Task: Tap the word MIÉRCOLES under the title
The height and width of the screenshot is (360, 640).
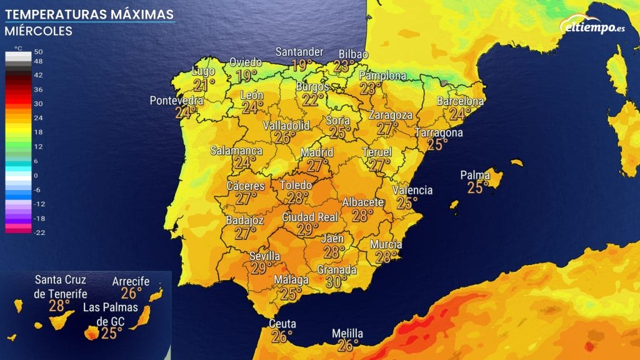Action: coord(38,31)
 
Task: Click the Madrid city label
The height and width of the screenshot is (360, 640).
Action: coord(317,152)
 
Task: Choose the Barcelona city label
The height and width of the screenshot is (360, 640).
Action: coord(460,101)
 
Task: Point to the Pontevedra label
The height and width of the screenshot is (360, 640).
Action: coord(177,101)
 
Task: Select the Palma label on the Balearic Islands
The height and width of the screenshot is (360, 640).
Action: coord(475,175)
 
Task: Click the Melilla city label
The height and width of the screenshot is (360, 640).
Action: coord(347,334)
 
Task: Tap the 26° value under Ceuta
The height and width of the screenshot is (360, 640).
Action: coord(282,337)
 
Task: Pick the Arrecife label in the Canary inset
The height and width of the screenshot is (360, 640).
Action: coord(131,281)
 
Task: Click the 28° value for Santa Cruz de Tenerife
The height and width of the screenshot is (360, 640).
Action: coord(60,306)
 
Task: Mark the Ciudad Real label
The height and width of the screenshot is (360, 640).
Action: coord(310,217)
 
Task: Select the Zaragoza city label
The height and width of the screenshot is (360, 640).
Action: coord(391,116)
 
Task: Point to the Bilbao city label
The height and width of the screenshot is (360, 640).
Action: coord(353,54)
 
